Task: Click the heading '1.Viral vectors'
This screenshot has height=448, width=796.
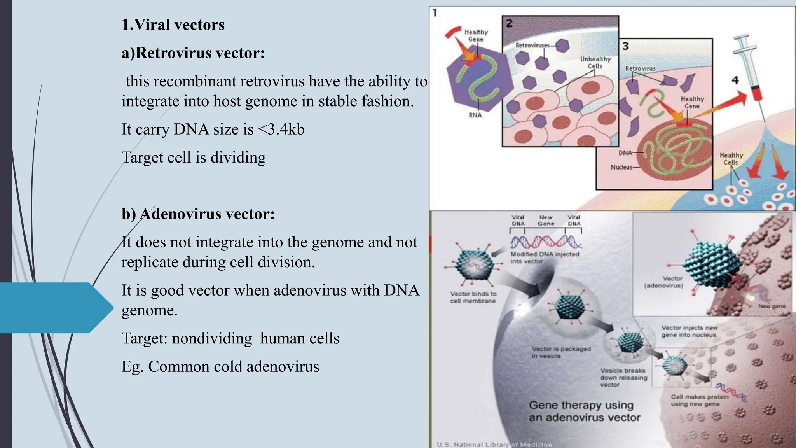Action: (x=173, y=25)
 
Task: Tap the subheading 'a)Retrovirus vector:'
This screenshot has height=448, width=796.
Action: (x=193, y=53)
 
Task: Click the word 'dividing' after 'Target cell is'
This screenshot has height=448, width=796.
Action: (x=238, y=157)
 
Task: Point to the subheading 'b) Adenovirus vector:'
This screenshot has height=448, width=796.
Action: (x=198, y=214)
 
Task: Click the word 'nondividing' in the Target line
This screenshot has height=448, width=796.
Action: (x=212, y=338)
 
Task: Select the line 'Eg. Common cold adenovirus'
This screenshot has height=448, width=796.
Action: (x=220, y=367)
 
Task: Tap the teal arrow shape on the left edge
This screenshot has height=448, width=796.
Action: (x=54, y=308)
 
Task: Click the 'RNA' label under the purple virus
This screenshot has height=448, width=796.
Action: (x=475, y=115)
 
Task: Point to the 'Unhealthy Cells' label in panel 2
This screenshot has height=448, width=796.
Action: (x=595, y=63)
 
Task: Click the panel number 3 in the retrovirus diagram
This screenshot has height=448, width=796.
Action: (x=625, y=46)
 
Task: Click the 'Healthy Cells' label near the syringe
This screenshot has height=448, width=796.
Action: (x=731, y=159)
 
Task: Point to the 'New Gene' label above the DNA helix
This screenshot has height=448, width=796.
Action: (x=546, y=220)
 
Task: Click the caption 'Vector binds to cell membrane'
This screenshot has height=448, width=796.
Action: (x=473, y=297)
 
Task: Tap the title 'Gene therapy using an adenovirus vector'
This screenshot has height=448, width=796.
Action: (x=584, y=411)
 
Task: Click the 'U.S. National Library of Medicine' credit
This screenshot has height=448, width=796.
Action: (x=494, y=444)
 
